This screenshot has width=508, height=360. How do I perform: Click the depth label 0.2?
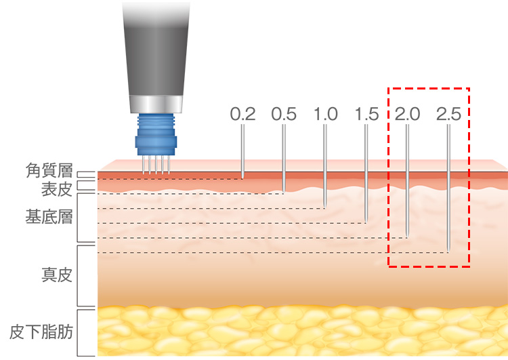click(242, 114)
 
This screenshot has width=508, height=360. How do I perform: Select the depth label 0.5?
click(284, 114)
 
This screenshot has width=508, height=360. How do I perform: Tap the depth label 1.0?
click(326, 114)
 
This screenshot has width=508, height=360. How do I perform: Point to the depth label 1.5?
click(366, 114)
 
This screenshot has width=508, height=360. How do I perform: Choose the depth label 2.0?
click(408, 114)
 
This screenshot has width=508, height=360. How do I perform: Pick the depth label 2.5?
click(448, 114)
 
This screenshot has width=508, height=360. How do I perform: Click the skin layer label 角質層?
click(49, 171)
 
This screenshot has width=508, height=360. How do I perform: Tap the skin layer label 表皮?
click(57, 189)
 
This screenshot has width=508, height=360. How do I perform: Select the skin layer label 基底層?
click(49, 217)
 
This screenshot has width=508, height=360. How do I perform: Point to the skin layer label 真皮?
click(57, 275)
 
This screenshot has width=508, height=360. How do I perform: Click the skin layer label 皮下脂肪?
click(41, 332)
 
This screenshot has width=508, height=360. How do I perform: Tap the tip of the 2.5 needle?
click(448, 252)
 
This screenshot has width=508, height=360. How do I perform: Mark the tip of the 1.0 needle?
click(325, 207)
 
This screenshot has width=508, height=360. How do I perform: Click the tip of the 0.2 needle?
click(242, 178)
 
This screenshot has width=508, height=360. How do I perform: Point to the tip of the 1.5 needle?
click(366, 222)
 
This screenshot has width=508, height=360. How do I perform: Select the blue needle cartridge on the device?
click(156, 135)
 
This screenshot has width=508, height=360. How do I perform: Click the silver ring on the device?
click(156, 104)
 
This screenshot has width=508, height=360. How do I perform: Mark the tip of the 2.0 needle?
click(407, 237)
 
